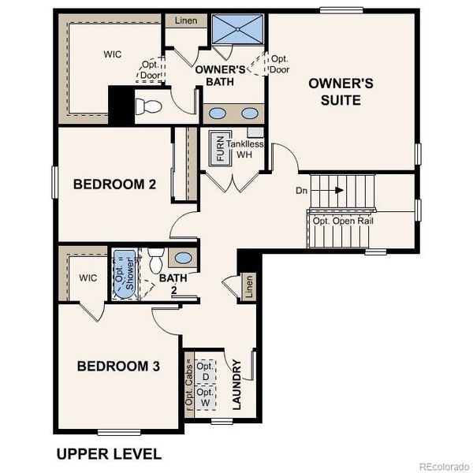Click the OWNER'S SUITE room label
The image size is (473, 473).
[335, 91]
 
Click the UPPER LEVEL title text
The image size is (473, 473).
[108, 454]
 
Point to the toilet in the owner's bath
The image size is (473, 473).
[150, 105]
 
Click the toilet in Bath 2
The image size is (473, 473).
[156, 258]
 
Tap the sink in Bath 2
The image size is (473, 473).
[181, 258]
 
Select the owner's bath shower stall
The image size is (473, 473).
[238, 31]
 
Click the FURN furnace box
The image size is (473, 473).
[220, 148]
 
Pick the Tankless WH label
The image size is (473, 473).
[245, 149]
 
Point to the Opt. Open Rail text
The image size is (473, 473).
[343, 221]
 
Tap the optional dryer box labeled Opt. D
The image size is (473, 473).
[206, 371]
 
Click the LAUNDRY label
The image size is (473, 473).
[236, 385]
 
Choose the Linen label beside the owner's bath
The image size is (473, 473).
[186, 20]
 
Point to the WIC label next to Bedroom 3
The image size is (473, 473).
[87, 277]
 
